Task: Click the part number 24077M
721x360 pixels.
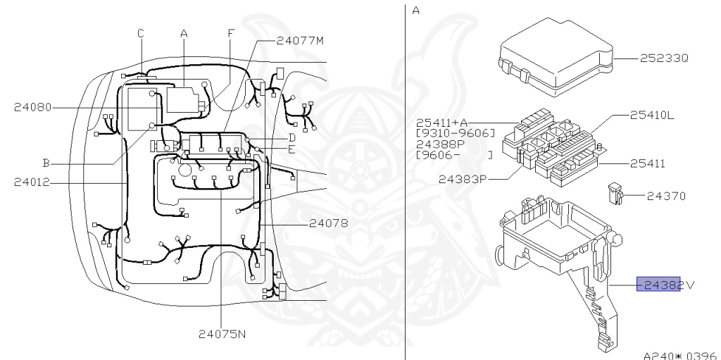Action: pos(300,41)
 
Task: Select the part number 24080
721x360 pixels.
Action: pos(33,108)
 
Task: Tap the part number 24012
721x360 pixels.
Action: pos(33,182)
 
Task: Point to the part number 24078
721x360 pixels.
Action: pos(329,224)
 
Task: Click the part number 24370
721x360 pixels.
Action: pos(665,195)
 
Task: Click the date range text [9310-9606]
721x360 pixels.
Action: pos(455,132)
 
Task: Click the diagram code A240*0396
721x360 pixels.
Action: pos(679,354)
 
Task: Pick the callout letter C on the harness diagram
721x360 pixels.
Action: pos(141,33)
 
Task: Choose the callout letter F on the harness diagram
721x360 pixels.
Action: pos(230,33)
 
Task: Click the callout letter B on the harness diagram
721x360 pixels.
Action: pos(45,162)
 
